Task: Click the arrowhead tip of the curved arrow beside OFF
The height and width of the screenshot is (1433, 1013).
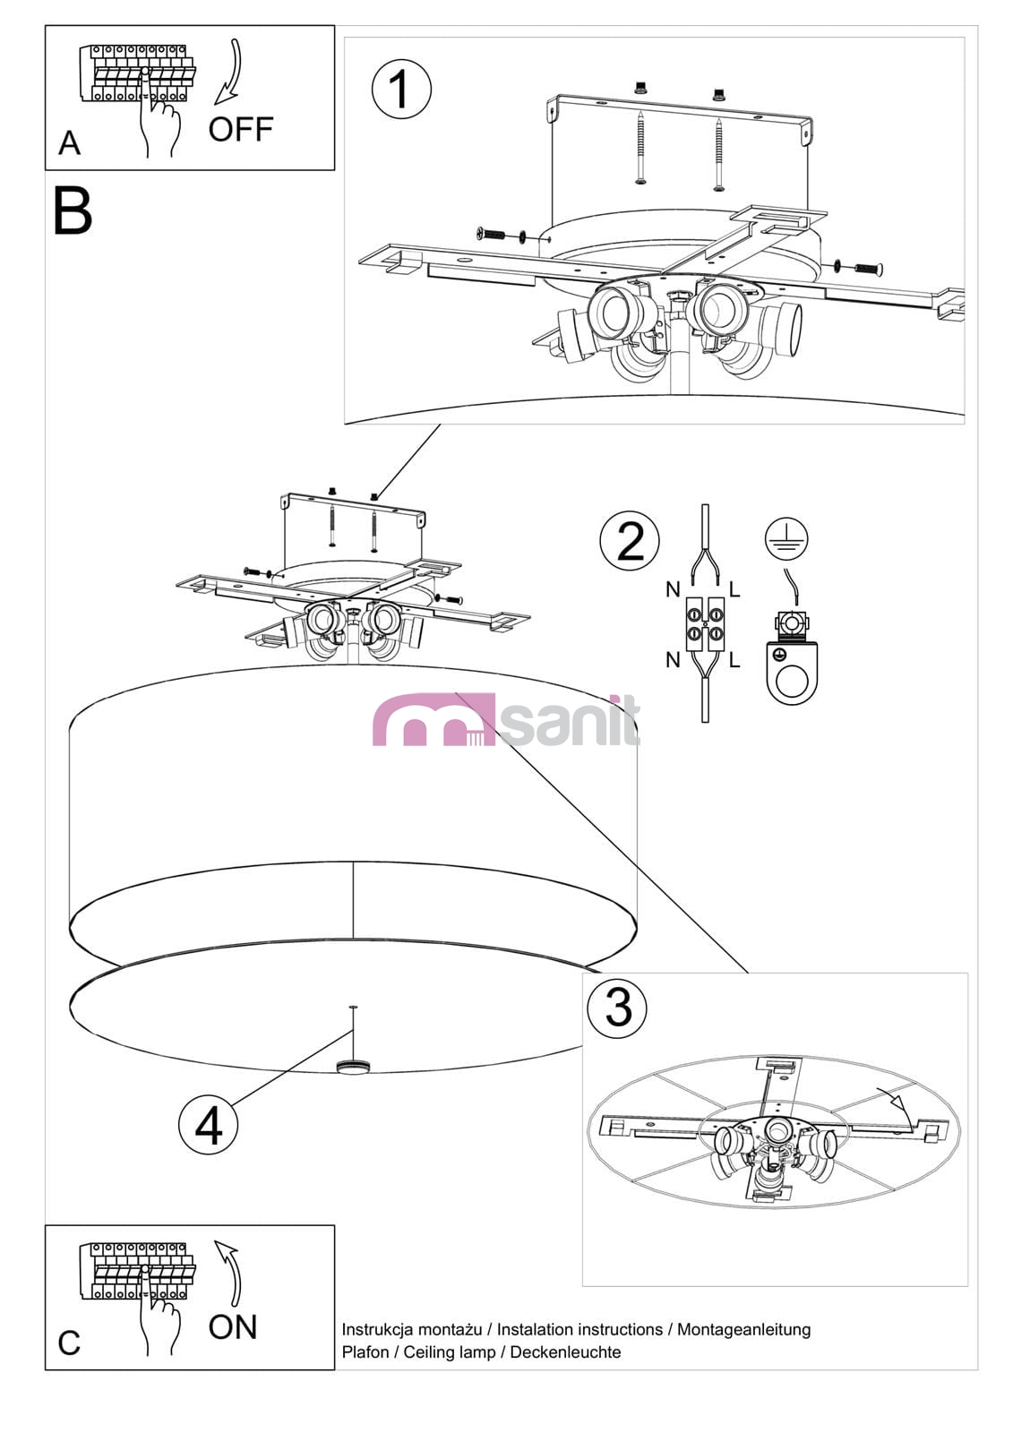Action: click(215, 103)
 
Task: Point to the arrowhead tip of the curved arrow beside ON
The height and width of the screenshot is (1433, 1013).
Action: click(215, 1241)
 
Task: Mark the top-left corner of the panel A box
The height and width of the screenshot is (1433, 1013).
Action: click(45, 26)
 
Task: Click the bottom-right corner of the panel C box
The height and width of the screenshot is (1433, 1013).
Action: click(335, 1369)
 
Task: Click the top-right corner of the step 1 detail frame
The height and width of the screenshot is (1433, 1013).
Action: click(965, 37)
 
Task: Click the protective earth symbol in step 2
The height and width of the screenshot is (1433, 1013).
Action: click(786, 538)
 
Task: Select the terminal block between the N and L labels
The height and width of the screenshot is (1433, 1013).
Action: click(705, 623)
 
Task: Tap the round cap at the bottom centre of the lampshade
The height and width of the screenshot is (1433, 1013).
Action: click(352, 1066)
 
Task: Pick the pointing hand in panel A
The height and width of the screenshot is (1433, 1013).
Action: click(158, 112)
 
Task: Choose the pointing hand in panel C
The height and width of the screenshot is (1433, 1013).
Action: click(158, 1311)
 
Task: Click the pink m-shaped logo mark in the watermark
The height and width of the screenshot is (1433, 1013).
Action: click(434, 720)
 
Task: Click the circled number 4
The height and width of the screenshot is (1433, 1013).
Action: click(208, 1125)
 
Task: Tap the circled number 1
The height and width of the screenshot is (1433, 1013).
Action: click(401, 89)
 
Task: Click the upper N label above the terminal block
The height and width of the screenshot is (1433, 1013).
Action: click(673, 589)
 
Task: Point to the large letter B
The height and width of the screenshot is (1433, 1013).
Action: click(73, 210)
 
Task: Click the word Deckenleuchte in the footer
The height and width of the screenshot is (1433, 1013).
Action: click(565, 1351)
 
